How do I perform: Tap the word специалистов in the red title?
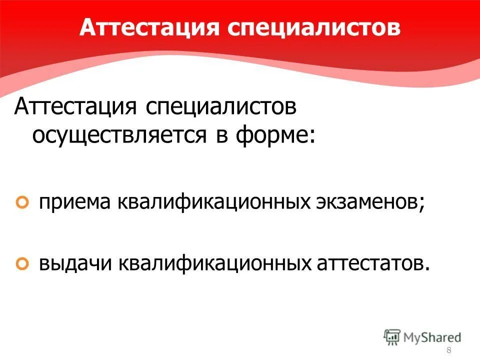313,28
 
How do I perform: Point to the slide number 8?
448,349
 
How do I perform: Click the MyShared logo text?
432,336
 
